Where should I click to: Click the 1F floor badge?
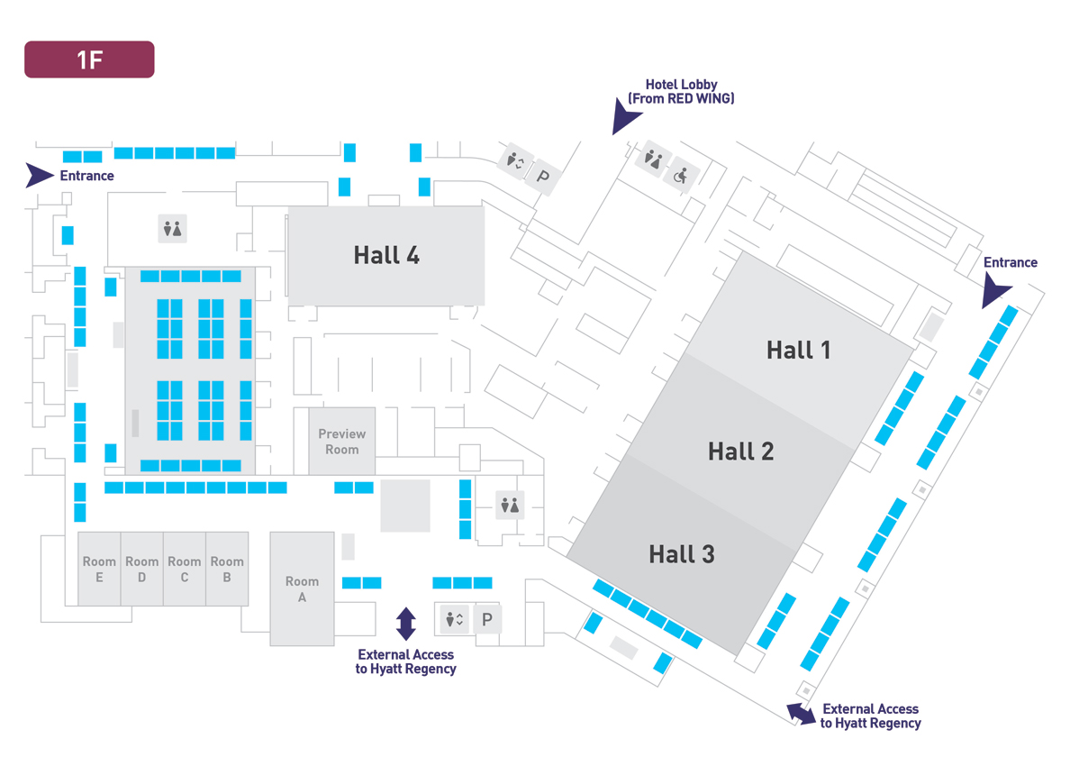click(89, 59)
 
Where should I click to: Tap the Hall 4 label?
click(386, 255)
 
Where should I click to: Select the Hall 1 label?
click(798, 351)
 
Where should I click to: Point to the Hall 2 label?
click(740, 451)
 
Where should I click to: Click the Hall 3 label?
click(682, 554)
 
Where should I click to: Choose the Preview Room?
click(342, 441)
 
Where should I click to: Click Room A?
click(303, 588)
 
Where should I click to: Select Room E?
click(99, 569)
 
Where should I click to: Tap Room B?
click(227, 569)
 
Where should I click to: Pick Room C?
click(185, 569)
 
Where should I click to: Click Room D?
click(142, 569)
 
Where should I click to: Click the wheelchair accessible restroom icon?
click(681, 176)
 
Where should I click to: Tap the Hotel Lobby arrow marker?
click(624, 117)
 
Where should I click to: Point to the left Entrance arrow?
click(40, 175)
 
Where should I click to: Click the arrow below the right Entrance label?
click(994, 291)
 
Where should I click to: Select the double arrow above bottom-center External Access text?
click(406, 624)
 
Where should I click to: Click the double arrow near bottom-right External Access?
click(801, 714)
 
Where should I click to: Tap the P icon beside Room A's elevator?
click(487, 620)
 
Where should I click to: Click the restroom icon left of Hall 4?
click(173, 229)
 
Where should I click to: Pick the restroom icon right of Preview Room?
click(510, 506)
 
